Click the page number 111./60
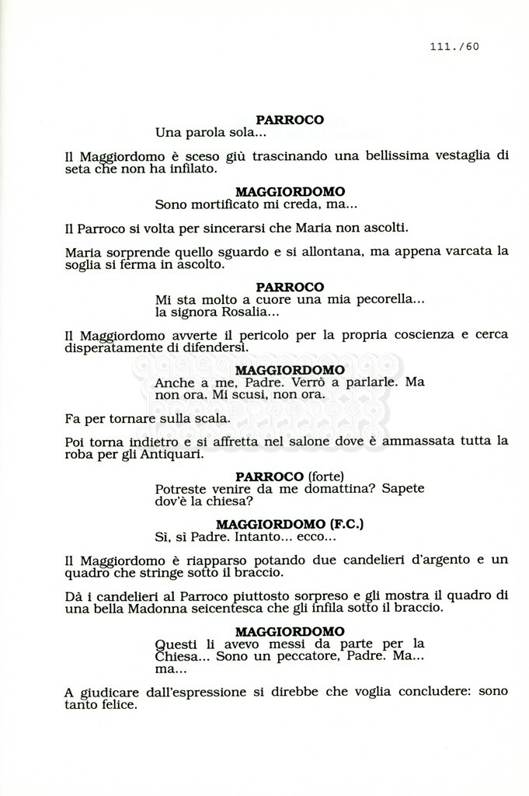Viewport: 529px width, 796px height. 454,46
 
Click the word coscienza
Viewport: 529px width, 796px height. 409,335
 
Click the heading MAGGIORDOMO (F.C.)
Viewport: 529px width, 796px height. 290,524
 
